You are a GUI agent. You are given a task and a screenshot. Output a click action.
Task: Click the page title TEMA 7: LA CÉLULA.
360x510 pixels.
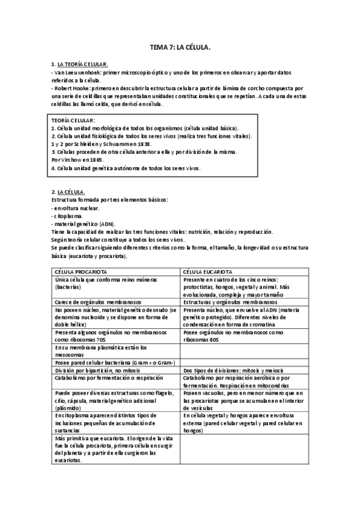click(x=180, y=46)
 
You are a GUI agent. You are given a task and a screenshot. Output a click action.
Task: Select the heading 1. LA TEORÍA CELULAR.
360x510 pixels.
click(x=79, y=63)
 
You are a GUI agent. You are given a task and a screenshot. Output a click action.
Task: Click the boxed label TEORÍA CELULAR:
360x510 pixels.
click(x=74, y=121)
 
